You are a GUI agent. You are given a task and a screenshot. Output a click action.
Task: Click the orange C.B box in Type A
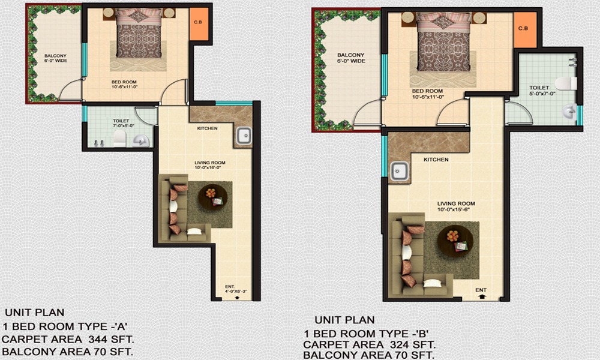pos(198,25)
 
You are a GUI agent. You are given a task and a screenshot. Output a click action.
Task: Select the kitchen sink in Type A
pos(244,136)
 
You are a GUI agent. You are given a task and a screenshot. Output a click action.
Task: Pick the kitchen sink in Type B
pos(400,172)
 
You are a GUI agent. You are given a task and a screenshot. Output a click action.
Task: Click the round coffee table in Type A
pos(211,196)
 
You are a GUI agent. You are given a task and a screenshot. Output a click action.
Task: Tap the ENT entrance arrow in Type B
pos(481,296)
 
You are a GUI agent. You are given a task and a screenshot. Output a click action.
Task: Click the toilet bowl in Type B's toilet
pos(565,83)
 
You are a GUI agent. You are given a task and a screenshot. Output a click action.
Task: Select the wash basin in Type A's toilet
pos(139,140)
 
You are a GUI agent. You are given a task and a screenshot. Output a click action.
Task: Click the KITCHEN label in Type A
pos(207,128)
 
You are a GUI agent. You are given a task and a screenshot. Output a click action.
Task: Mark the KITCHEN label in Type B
pos(436,160)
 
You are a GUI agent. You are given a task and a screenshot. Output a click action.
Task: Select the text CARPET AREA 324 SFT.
pos(369,345)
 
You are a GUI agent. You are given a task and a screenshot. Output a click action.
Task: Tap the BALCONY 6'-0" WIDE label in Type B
pos(350,58)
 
